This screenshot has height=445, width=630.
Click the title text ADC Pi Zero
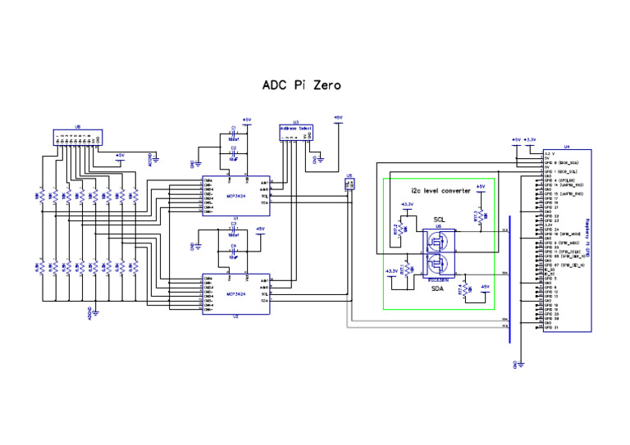301,84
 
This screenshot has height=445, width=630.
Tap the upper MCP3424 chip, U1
237,195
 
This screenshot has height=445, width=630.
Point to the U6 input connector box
77,138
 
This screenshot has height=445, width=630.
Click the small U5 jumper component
350,184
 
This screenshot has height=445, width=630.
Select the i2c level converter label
435,190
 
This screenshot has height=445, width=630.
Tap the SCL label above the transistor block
440,220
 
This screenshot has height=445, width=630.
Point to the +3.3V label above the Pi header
531,140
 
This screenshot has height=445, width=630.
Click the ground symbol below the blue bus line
514,361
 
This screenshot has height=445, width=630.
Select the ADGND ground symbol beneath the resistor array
95,311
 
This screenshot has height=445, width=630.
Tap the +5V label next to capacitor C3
260,229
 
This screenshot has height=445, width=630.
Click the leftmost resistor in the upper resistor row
39,197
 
